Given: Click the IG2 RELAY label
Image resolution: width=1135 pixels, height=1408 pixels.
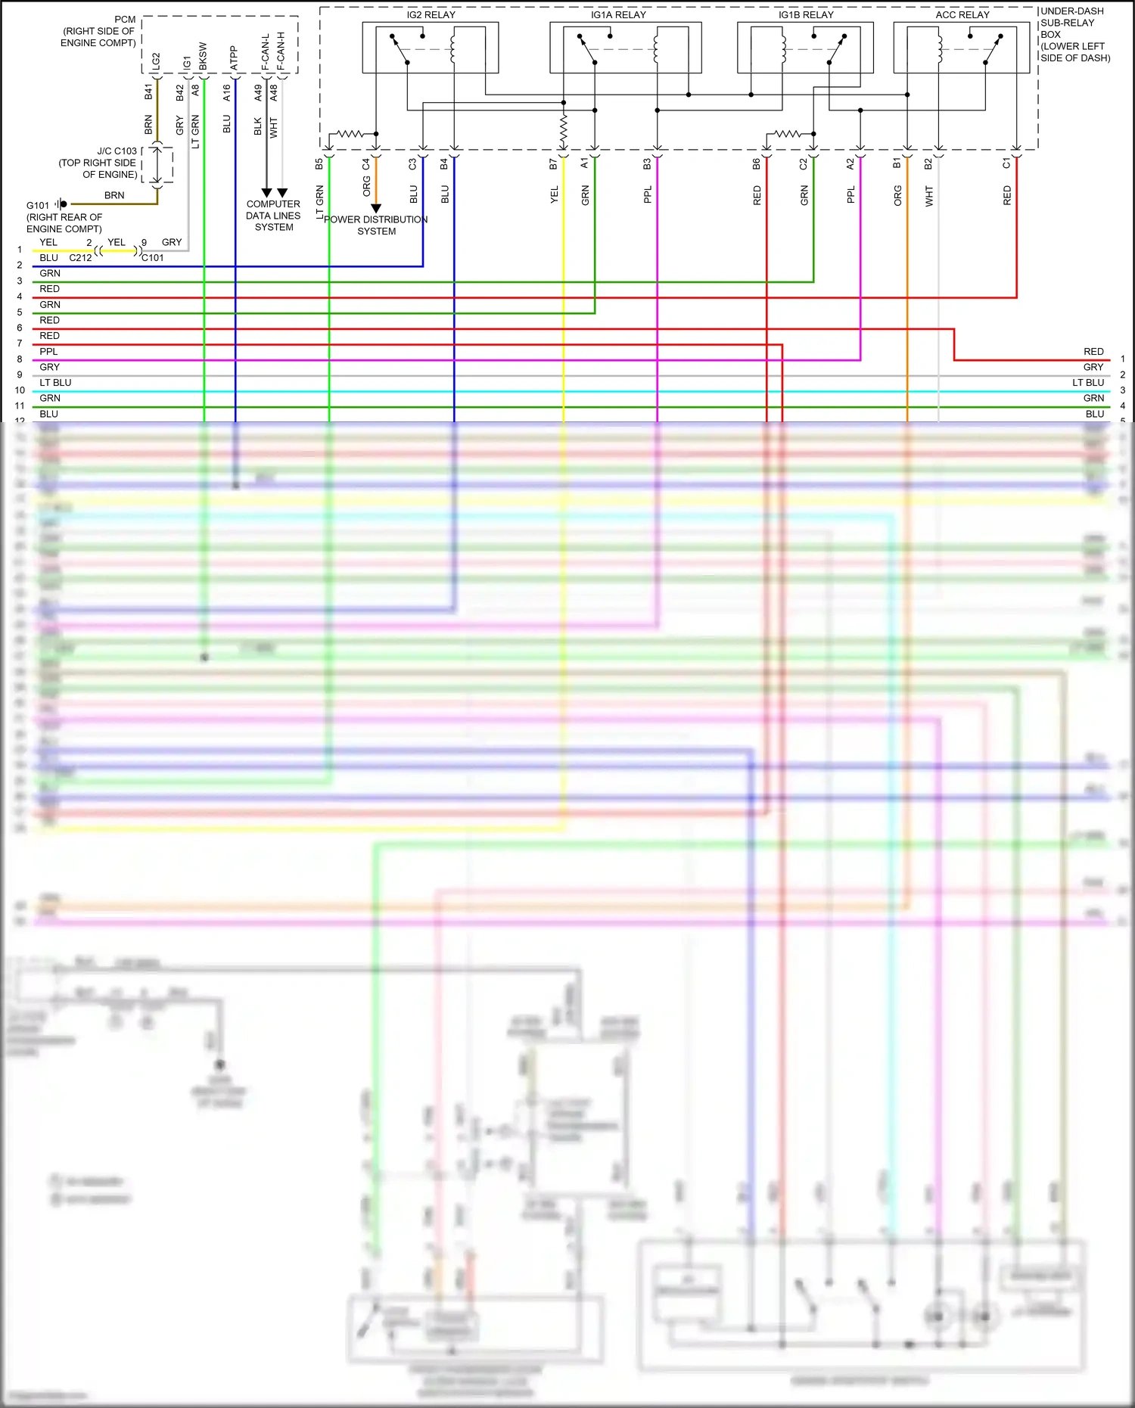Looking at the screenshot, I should click(431, 15).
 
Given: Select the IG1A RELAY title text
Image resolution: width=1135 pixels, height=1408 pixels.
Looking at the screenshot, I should click(618, 15).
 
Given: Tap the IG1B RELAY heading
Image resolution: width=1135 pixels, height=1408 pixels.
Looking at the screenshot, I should click(806, 15).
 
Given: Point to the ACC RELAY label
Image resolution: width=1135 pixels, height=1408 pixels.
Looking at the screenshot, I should click(962, 15).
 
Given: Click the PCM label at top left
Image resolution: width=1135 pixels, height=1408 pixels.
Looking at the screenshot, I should click(125, 20).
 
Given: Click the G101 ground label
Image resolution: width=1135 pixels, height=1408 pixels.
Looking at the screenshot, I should click(38, 205).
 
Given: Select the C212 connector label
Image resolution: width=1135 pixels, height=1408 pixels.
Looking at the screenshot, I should click(80, 258).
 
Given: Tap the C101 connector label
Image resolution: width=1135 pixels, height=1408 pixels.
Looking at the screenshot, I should click(153, 258).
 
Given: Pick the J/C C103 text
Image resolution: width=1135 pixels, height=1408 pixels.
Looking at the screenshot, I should click(117, 151).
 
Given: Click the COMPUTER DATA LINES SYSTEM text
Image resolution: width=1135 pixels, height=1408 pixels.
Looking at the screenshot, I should click(273, 216).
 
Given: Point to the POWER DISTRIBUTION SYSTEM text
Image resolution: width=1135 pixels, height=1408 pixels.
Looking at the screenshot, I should click(376, 225).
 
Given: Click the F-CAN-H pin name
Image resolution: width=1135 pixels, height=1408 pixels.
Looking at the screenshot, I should click(281, 51).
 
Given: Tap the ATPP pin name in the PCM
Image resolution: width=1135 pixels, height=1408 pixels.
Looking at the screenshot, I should click(234, 58).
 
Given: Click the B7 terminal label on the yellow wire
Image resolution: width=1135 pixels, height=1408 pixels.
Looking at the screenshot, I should click(553, 163).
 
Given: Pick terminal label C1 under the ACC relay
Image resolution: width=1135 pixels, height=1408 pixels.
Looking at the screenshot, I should click(1006, 163).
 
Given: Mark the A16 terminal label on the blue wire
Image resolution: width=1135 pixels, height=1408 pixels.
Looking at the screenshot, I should click(226, 92).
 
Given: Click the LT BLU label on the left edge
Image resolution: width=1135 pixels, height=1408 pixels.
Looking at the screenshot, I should click(55, 383).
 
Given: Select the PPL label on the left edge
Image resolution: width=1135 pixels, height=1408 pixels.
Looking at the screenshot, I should click(48, 352).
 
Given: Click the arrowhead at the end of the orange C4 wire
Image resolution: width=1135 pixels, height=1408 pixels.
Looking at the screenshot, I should click(376, 208).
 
